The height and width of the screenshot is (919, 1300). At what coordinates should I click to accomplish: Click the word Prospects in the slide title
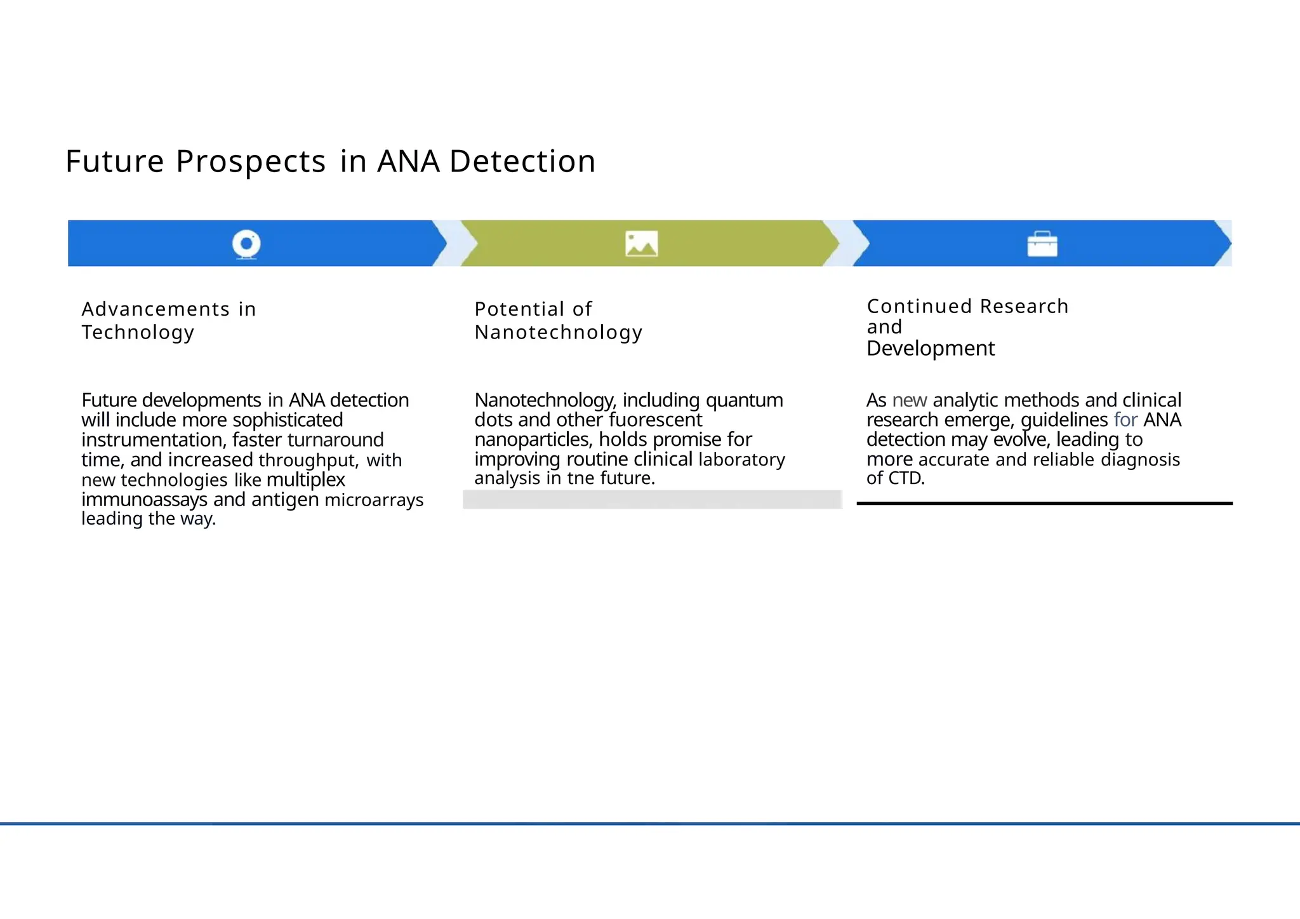pos(251,162)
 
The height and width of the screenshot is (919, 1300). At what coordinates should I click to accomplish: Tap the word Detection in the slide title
pos(522,161)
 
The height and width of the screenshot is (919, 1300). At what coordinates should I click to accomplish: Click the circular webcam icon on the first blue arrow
pos(246,244)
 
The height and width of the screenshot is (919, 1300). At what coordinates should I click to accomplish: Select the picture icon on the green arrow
pos(641,244)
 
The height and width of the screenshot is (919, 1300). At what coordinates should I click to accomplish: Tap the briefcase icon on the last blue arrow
pos(1042,244)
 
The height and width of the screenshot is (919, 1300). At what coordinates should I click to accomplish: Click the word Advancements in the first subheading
pos(156,309)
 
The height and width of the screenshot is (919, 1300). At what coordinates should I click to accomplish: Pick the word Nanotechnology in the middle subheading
pos(559,332)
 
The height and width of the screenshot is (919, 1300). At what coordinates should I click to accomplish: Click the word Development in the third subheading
pos(931,349)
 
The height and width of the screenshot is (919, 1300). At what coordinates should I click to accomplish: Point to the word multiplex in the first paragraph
pos(306,480)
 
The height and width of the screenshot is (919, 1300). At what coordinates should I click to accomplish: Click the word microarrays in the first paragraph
pos(374,500)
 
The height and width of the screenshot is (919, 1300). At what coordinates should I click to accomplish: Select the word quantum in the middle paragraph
pos(744,401)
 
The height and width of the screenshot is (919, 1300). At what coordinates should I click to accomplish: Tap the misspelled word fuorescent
pos(655,420)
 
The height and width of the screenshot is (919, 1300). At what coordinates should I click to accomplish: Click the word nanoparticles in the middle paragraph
pos(532,440)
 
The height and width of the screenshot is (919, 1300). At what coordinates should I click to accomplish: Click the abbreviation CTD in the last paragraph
pos(908,478)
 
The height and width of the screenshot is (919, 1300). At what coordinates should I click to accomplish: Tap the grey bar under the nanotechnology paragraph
pos(652,499)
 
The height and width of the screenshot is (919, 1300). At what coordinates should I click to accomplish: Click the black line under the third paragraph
pos(1044,503)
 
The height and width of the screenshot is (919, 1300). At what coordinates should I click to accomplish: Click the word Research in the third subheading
pos(1024,307)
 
